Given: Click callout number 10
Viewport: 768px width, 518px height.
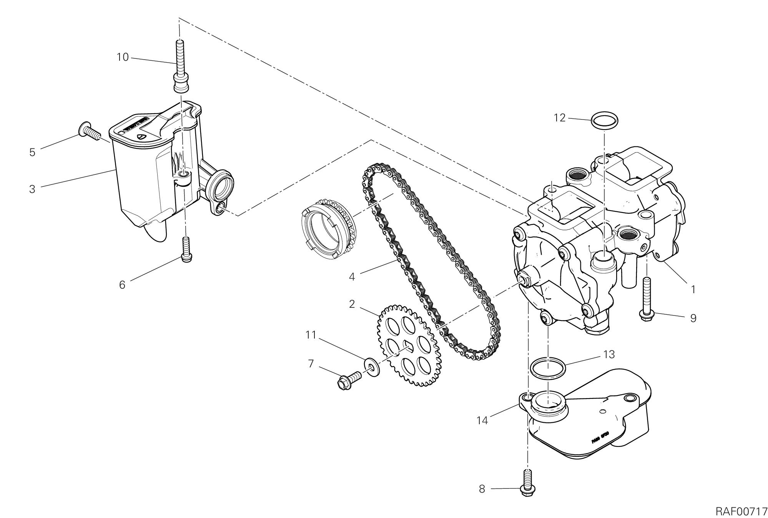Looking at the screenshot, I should point(123,58).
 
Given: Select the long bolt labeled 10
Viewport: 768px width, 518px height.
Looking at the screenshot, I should point(180,65).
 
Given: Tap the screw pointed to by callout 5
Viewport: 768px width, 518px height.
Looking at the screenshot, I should point(89,130).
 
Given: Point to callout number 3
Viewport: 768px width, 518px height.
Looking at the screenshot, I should point(32,189).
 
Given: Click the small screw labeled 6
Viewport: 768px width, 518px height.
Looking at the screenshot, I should point(186,250).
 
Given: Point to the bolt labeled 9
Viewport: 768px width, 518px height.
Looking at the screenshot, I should point(647,304).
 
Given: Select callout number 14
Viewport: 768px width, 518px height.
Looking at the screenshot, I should point(482,421).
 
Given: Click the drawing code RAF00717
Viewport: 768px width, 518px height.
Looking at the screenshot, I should point(741,511).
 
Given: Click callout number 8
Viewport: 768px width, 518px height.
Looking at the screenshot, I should point(482,489).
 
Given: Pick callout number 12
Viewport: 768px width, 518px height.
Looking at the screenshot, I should point(560,118).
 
